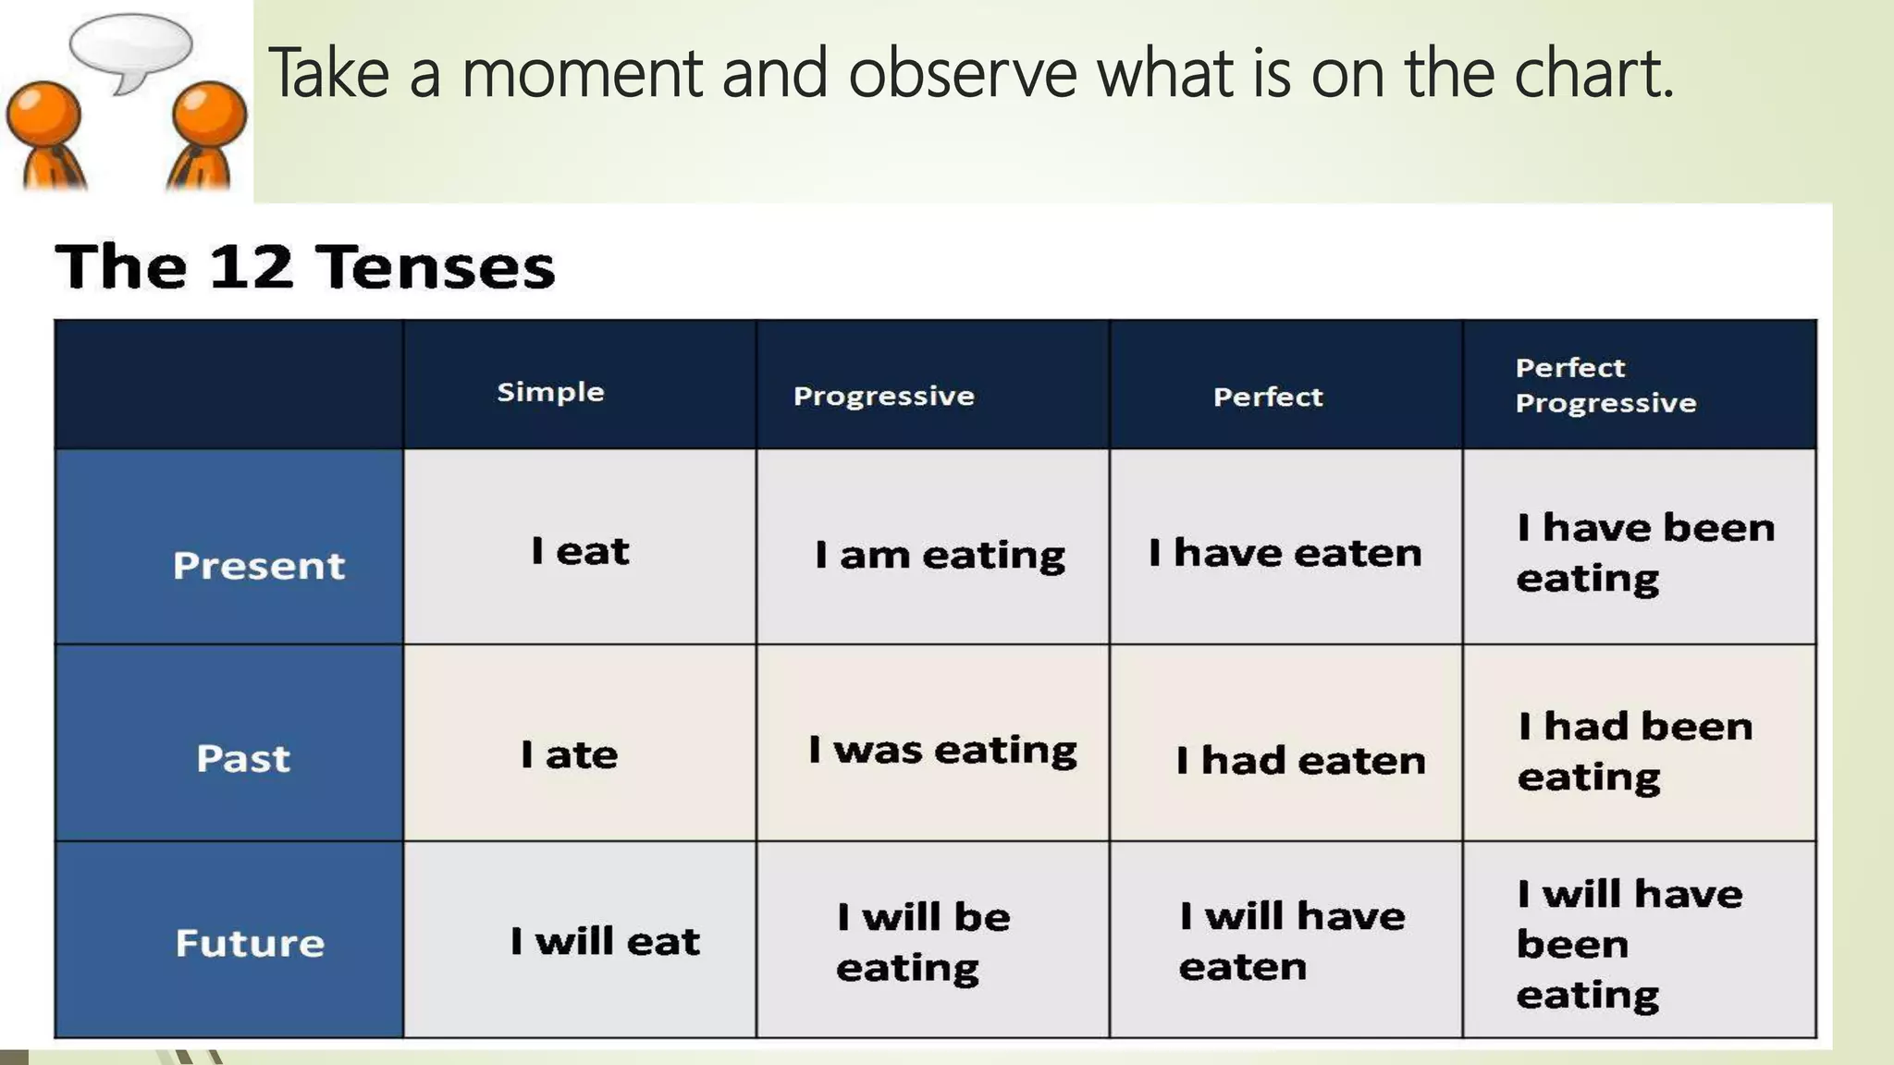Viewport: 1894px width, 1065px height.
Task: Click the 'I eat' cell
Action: [580, 551]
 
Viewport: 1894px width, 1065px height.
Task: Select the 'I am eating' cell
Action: [940, 555]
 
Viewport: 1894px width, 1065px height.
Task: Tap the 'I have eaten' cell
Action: [1285, 553]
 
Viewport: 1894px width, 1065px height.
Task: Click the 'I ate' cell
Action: [569, 754]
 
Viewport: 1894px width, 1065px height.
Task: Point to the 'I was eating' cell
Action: [942, 750]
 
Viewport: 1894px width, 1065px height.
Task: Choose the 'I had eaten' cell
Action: [1300, 761]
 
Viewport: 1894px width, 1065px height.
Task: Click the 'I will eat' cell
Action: [605, 941]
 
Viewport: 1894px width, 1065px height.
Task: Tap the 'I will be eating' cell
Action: [923, 941]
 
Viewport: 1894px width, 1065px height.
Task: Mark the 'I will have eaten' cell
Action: [1291, 940]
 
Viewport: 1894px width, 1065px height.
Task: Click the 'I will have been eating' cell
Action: [1630, 943]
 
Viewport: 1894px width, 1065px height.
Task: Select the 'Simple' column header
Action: [550, 392]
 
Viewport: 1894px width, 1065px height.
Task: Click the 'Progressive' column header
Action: [883, 396]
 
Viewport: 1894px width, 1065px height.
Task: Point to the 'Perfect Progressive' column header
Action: [1605, 386]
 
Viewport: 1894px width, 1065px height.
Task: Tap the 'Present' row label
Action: [258, 565]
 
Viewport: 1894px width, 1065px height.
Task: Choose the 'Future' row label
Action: [250, 943]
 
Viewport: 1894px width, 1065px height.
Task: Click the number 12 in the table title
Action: [251, 266]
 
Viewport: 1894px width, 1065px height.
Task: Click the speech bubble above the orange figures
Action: [130, 46]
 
